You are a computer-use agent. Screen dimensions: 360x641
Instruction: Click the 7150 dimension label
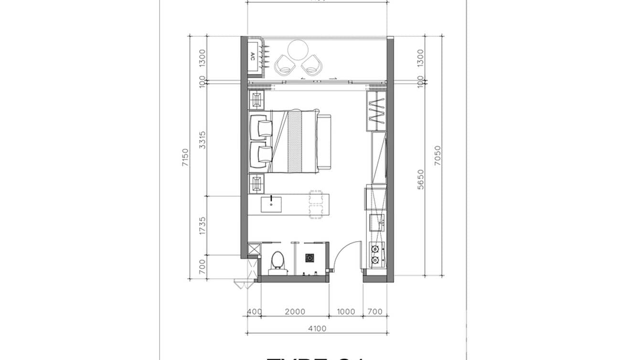tap(185, 158)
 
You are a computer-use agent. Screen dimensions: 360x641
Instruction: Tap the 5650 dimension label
tap(420, 179)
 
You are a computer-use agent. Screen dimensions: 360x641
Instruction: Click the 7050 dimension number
tap(438, 155)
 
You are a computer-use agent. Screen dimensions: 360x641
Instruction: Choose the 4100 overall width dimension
tap(317, 328)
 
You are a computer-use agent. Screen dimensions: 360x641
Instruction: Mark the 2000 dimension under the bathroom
tap(295, 312)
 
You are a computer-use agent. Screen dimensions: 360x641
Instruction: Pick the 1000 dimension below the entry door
tap(346, 312)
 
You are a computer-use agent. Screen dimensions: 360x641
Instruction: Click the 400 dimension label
tap(254, 312)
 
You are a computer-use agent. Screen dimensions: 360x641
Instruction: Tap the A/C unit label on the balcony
tap(253, 56)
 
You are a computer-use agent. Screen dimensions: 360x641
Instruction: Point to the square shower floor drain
tap(310, 258)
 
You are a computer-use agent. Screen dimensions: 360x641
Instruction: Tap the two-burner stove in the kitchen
tap(376, 254)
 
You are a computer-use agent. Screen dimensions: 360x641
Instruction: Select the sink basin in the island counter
tap(271, 205)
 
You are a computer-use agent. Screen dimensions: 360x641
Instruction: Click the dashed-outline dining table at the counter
tap(316, 204)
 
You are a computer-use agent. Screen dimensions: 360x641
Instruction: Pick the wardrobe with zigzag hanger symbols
tap(376, 111)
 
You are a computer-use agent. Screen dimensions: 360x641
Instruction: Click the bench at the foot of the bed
tap(325, 142)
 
